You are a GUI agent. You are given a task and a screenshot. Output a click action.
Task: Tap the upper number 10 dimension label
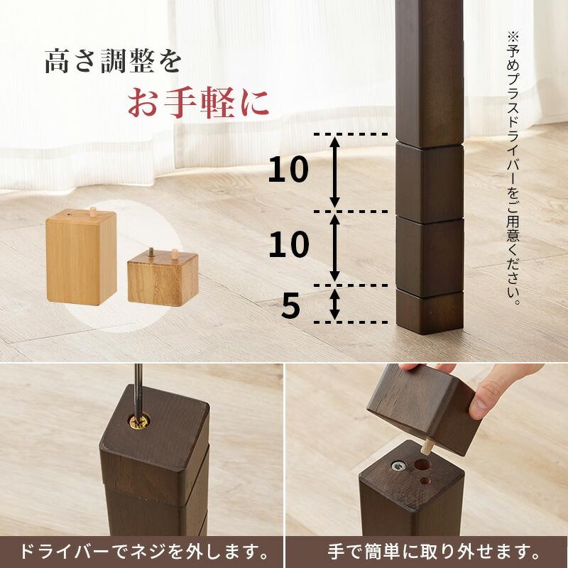(x=288, y=170)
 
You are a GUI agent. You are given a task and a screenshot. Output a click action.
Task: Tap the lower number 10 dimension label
(x=288, y=245)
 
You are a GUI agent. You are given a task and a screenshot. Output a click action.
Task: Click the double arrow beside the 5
(x=335, y=305)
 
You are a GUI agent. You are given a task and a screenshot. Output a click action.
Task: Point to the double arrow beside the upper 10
(x=335, y=171)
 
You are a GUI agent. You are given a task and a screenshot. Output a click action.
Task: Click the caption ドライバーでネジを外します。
(x=142, y=550)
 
